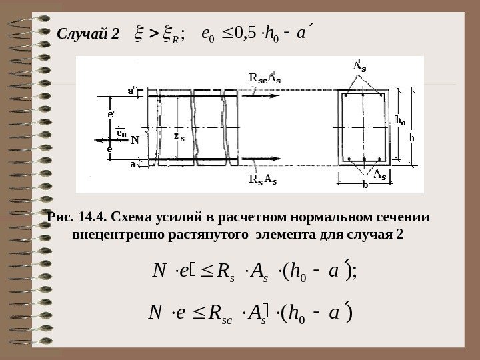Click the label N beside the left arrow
135,141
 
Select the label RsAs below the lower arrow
263,178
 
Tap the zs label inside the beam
178,136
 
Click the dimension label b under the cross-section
365,187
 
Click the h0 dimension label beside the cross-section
401,120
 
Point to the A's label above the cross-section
359,67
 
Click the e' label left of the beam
111,114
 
